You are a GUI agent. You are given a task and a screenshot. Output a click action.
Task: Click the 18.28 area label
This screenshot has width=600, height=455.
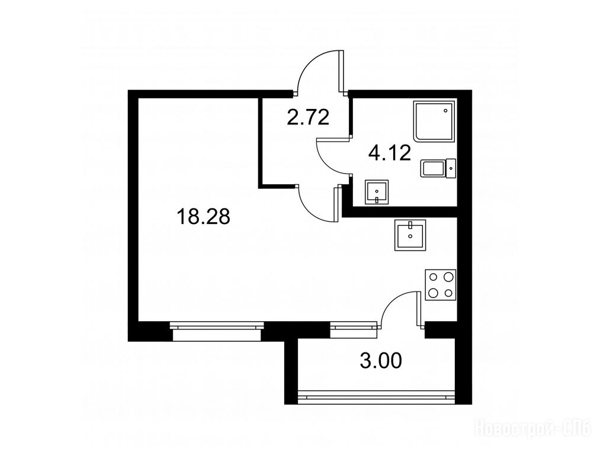203,217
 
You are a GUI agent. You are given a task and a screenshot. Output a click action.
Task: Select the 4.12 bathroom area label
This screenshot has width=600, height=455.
390,153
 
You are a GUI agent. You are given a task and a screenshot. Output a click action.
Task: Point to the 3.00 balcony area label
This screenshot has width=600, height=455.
381,361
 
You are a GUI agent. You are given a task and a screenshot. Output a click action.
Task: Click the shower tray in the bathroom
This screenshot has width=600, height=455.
435,121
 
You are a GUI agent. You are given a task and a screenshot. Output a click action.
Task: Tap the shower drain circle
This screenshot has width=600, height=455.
445,111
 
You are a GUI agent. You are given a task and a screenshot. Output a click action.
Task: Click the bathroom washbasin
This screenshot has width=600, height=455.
377,192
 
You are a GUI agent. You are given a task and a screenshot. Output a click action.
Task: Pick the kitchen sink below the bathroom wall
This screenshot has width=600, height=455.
410,235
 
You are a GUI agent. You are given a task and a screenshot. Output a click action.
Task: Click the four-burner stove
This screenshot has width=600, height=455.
441,285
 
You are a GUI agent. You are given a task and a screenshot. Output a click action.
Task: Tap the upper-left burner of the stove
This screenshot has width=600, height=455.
434,276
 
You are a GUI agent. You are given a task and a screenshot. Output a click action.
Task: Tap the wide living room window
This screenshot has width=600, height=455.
217,331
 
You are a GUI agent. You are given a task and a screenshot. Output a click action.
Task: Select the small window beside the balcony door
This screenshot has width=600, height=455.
353,330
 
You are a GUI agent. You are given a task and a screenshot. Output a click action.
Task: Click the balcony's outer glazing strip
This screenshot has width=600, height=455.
376,394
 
